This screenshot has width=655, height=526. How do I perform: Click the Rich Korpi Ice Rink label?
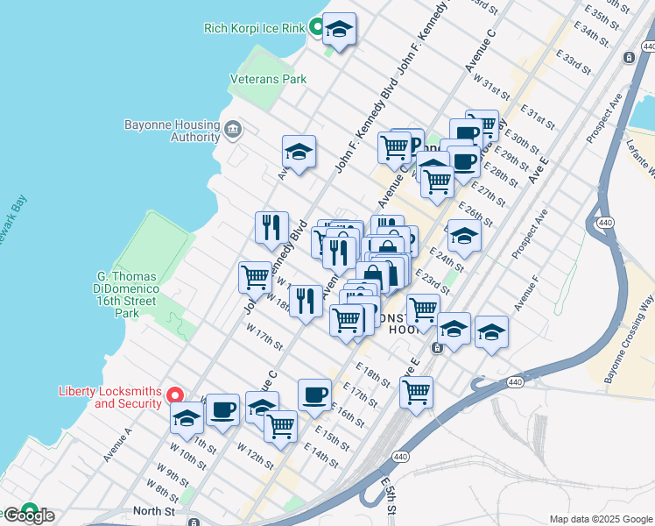coord(254,28)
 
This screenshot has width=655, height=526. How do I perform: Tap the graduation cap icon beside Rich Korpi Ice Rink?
coord(339,31)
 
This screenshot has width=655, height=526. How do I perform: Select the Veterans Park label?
coord(268,79)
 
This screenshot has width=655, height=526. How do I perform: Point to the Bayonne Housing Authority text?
coord(173,131)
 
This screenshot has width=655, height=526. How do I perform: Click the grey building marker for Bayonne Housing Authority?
coord(233,130)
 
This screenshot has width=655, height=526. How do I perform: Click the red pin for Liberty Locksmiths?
coord(174,396)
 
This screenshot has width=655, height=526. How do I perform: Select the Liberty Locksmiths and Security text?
coord(110,397)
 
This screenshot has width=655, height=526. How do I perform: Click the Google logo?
coord(30,515)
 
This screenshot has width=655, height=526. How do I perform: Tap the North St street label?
coord(148,510)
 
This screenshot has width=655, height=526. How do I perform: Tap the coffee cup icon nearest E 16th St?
coord(314,395)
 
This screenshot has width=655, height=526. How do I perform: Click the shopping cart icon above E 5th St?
coord(417,392)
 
